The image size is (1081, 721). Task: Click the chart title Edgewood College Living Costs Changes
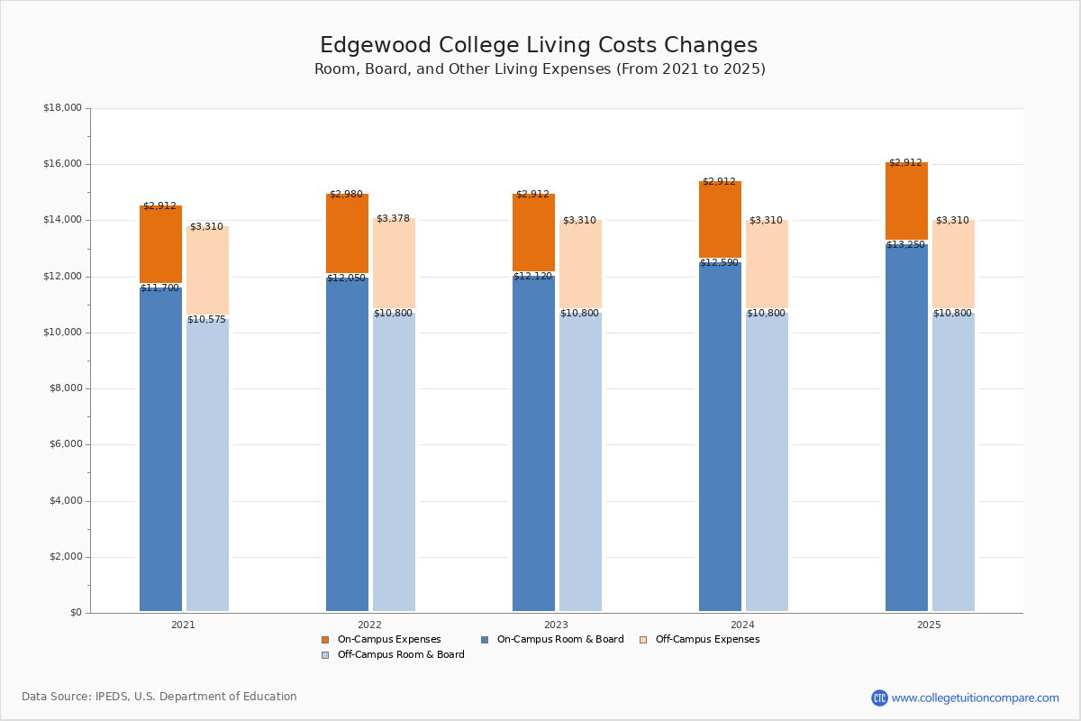point(539,46)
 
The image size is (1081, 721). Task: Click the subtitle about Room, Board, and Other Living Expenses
point(540,69)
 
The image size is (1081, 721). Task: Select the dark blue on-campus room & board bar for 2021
point(160,451)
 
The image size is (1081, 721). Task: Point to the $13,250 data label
point(905,245)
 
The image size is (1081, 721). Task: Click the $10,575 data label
point(206,320)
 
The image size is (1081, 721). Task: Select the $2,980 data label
point(346,195)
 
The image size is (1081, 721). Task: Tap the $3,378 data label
point(393,219)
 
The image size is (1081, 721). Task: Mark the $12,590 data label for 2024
point(719,263)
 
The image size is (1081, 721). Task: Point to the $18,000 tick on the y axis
point(62,108)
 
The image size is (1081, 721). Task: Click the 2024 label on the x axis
point(742,625)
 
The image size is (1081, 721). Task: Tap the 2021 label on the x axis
point(183,625)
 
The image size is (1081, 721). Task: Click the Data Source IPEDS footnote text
point(159,697)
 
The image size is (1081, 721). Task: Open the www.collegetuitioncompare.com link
point(975,698)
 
